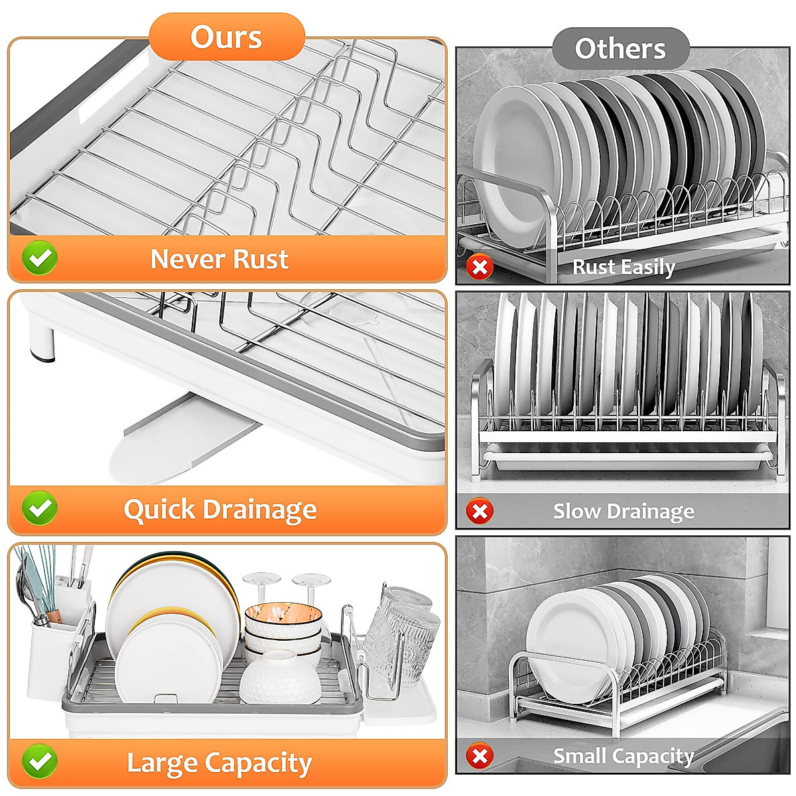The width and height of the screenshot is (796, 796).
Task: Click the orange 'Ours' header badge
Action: [226, 37]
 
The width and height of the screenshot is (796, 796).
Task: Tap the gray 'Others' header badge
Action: [620, 49]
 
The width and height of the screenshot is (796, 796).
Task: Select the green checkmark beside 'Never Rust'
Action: [40, 258]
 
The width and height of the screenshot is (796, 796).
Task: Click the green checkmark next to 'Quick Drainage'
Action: [40, 509]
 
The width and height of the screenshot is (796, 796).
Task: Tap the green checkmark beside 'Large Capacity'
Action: [40, 761]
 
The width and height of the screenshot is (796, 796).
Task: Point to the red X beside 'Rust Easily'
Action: [479, 267]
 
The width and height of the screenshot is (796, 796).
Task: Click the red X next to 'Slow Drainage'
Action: [479, 511]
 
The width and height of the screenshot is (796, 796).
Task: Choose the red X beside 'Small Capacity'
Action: [479, 756]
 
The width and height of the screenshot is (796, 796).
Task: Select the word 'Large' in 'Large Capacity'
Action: [162, 763]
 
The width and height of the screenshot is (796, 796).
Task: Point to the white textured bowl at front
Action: [280, 678]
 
